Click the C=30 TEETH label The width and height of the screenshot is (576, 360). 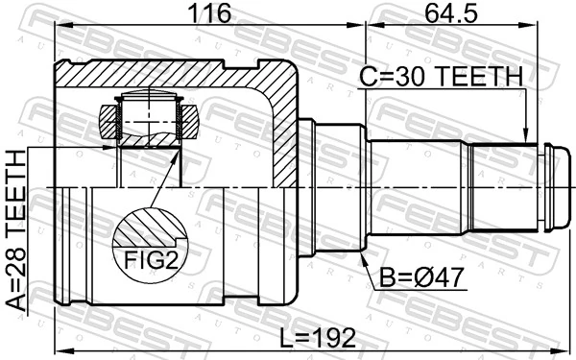click(x=441, y=76)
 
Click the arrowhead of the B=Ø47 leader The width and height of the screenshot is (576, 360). click(x=360, y=256)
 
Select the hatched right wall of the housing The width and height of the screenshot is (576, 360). click(x=280, y=125)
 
